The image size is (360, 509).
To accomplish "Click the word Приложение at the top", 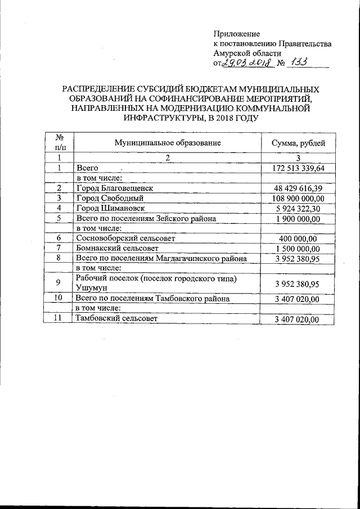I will pos(236,34).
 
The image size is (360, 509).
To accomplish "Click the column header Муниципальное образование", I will pos(168,143).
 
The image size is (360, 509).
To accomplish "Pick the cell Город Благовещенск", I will pos(114,188).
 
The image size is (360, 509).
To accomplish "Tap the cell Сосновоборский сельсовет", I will pos(125,238).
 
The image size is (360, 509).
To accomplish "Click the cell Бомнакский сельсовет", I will pos(117,248).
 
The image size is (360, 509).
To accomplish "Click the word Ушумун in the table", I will pos(91,289).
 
